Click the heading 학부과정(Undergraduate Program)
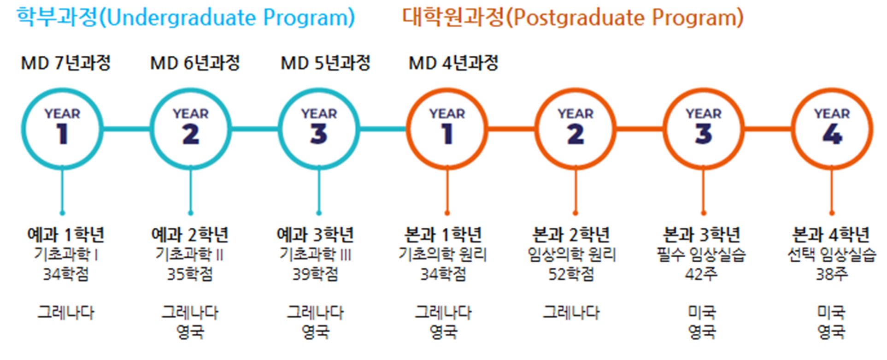coord(186,18)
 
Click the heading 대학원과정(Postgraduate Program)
coord(573,18)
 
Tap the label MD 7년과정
coord(66,63)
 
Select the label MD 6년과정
coord(195,63)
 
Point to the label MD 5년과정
coord(325,63)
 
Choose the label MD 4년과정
coord(453,63)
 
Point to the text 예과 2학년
coord(190,235)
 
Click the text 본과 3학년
coord(701,235)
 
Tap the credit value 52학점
coord(571,274)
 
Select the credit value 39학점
coord(315,274)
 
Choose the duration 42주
coord(701,274)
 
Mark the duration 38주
coord(832,274)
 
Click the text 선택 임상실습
coord(832,254)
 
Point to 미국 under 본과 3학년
coord(702,313)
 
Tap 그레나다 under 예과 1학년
coord(66,313)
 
